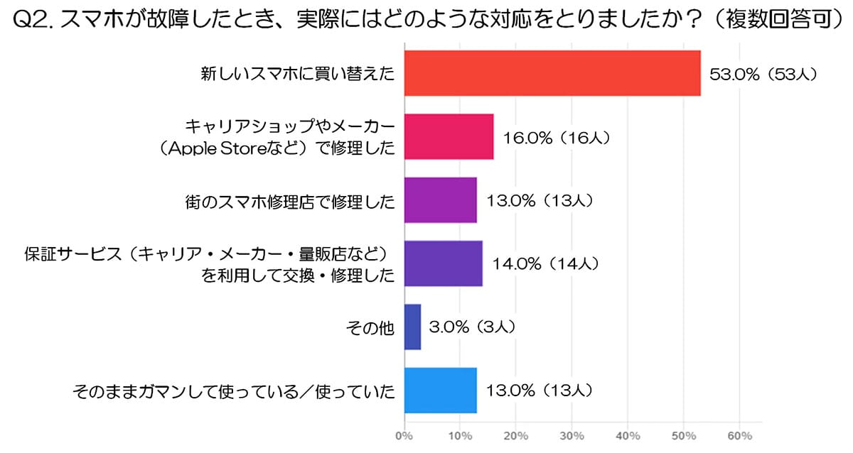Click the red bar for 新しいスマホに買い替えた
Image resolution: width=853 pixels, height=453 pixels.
(x=552, y=73)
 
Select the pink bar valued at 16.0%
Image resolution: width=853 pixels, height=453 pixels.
(x=449, y=136)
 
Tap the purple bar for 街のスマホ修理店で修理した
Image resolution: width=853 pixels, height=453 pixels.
(x=440, y=200)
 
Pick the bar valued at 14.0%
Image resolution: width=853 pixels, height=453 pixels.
(x=443, y=263)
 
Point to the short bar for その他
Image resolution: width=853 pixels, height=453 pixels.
(x=412, y=327)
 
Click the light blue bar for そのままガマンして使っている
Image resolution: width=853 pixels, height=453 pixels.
(x=440, y=390)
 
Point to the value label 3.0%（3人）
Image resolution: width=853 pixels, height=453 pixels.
(x=472, y=327)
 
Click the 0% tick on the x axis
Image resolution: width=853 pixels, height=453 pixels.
(x=404, y=435)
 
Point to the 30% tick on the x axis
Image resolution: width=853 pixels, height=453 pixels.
(x=572, y=435)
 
